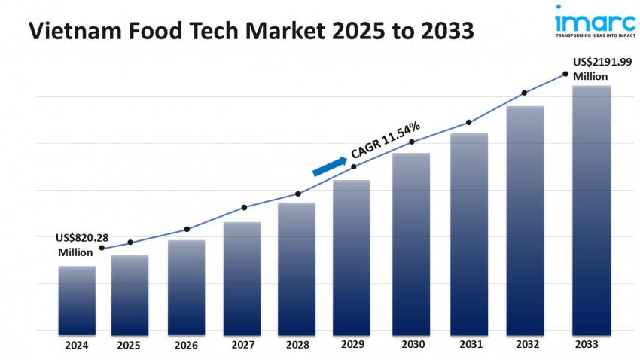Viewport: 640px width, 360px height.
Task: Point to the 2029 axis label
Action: point(352,345)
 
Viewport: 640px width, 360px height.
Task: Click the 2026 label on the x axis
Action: point(186,345)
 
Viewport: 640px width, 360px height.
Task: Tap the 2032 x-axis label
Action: point(525,345)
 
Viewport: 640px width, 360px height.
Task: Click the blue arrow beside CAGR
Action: point(330,166)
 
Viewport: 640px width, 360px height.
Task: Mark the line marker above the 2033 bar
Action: point(565,74)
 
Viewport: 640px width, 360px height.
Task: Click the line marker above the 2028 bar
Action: point(298,194)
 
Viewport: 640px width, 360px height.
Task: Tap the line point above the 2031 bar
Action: point(468,122)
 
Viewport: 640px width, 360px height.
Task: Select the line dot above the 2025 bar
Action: point(130,243)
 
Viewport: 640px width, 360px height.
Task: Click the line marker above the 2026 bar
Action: point(187,229)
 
